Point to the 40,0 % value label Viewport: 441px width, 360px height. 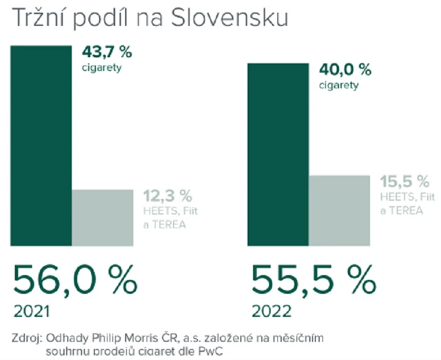[345, 70]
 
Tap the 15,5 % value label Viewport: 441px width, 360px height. [404, 183]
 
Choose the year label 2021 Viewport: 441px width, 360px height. [31, 311]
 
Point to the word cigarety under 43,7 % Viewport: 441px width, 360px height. [102, 68]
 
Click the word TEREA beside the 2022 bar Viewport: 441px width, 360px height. [405, 210]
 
